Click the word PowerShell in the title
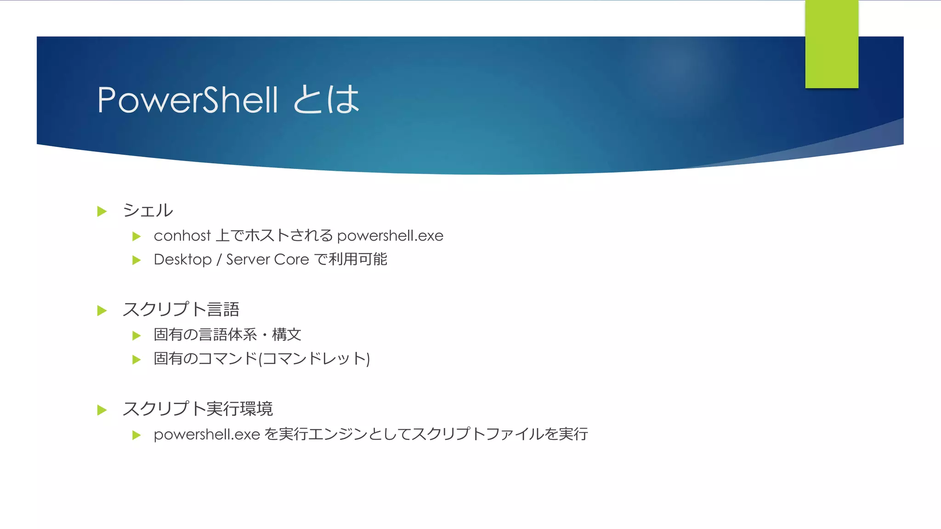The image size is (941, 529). click(187, 100)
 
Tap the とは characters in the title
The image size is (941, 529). click(326, 100)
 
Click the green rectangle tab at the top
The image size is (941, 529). click(832, 44)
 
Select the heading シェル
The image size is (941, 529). click(148, 211)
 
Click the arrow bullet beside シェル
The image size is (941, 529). click(102, 211)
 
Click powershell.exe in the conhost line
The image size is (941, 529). click(390, 236)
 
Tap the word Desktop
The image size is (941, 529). click(182, 259)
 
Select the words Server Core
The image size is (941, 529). click(267, 259)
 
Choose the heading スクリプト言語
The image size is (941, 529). click(181, 310)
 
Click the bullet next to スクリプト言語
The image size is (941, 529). click(102, 311)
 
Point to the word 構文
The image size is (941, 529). click(287, 334)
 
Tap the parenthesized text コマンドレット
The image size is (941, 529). click(314, 359)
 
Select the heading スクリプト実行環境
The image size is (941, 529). click(198, 409)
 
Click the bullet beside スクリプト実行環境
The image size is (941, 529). click(102, 410)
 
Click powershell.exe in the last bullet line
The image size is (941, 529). click(207, 434)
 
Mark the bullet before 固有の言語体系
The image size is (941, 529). click(136, 336)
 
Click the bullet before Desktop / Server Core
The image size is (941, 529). click(136, 260)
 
